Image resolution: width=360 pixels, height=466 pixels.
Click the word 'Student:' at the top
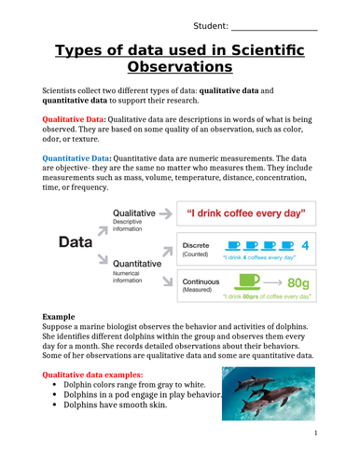pyautogui.click(x=212, y=24)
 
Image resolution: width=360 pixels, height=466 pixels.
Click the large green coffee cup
pyautogui.click(x=249, y=280)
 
